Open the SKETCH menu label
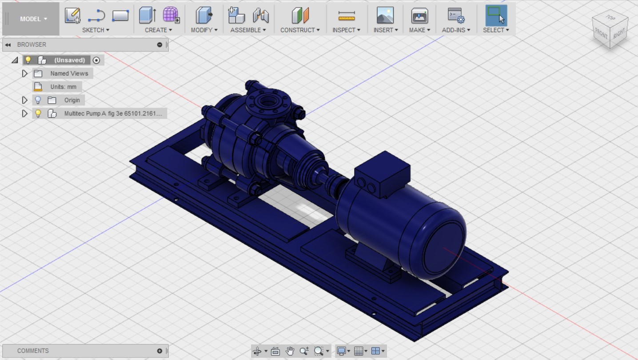coord(96,30)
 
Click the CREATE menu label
coord(158,30)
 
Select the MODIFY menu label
coord(204,30)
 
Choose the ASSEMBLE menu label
coord(248,30)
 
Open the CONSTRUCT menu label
coord(300,30)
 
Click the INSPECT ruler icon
coord(346,16)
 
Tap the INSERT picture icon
coord(385,16)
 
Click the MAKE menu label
coord(419,30)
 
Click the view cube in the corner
coord(610,30)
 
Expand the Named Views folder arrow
coord(25,73)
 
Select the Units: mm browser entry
coord(63,87)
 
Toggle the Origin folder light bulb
coord(38,100)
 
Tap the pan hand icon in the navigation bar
coord(290,351)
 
